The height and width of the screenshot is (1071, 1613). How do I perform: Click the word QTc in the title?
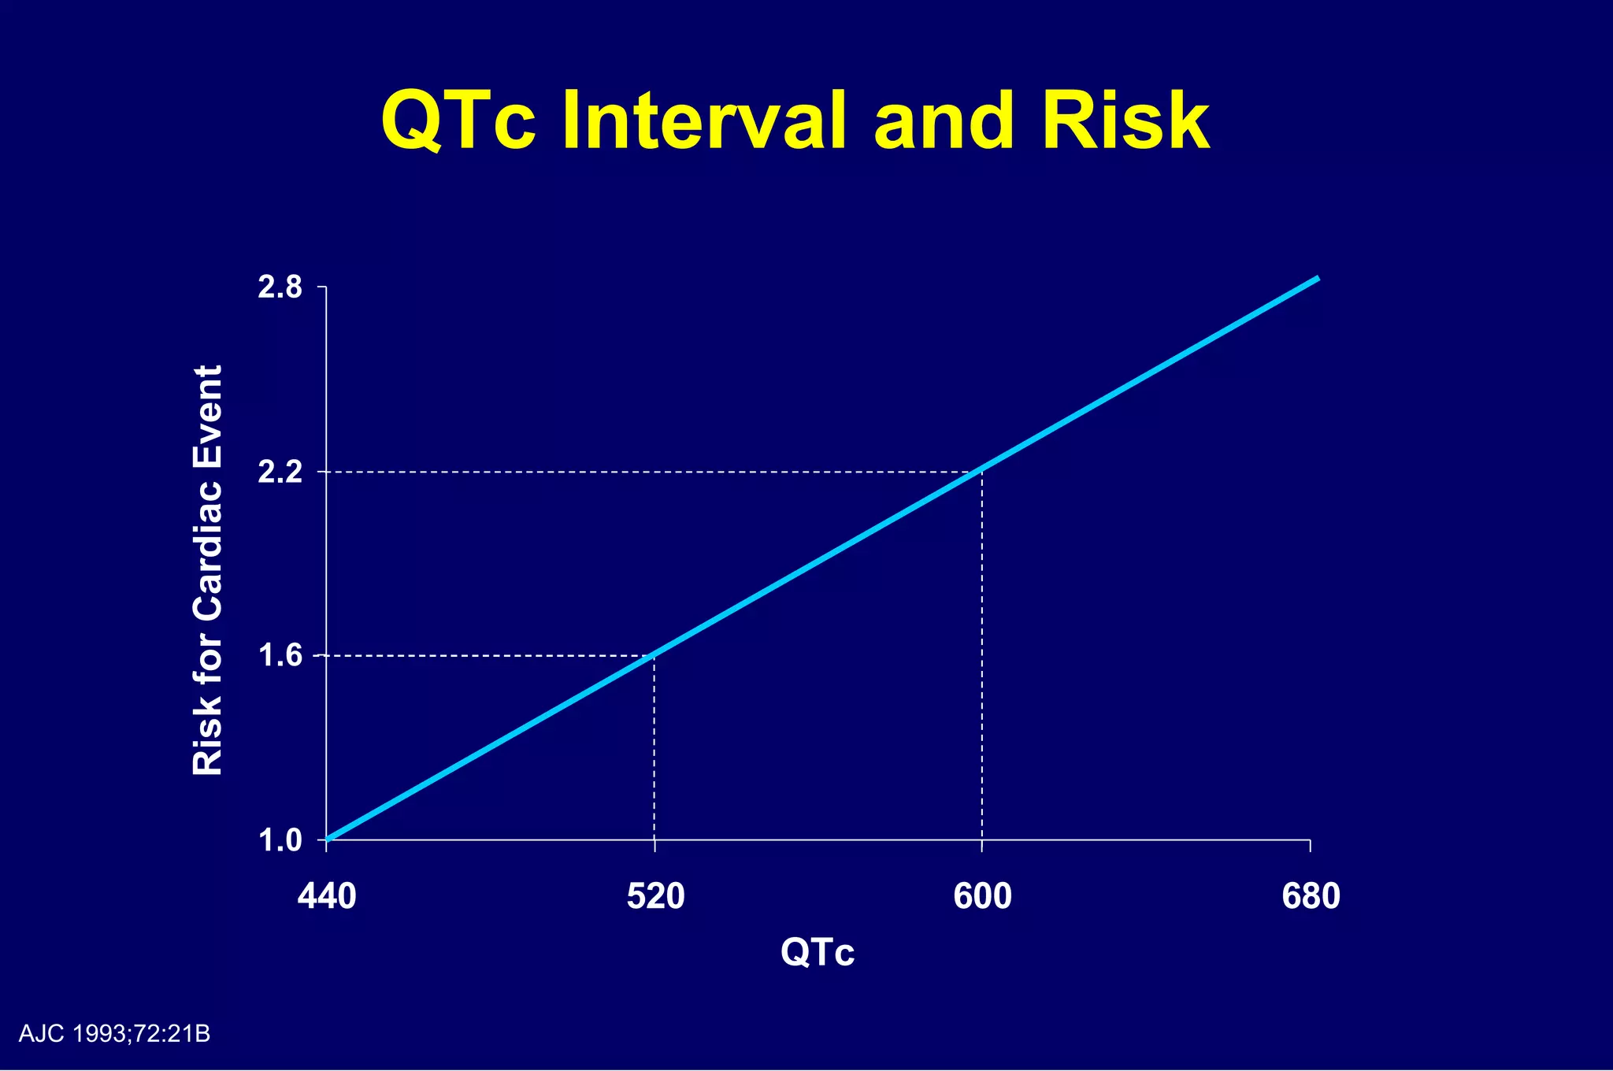pyautogui.click(x=458, y=122)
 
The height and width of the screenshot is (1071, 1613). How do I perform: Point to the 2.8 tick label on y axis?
pyautogui.click(x=280, y=288)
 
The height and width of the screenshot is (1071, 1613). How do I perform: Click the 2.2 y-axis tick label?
pyautogui.click(x=280, y=472)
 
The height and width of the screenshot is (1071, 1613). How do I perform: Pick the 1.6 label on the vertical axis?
pyautogui.click(x=280, y=656)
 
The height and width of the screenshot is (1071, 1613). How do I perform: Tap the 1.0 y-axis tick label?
pyautogui.click(x=280, y=841)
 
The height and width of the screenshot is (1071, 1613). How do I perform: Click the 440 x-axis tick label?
pyautogui.click(x=327, y=897)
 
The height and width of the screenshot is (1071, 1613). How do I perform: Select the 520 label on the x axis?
pyautogui.click(x=655, y=897)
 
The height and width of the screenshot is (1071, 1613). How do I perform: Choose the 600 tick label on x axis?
pyautogui.click(x=982, y=897)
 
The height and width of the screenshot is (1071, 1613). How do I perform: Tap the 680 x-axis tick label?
pyautogui.click(x=1311, y=897)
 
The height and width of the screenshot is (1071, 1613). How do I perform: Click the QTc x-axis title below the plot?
pyautogui.click(x=818, y=952)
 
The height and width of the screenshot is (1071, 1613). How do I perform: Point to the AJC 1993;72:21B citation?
pyautogui.click(x=114, y=1034)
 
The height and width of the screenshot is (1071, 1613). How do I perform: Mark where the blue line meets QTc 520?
pyautogui.click(x=654, y=655)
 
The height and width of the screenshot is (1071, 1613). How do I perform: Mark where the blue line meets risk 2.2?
pyautogui.click(x=981, y=471)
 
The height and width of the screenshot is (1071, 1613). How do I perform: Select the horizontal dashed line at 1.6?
pyautogui.click(x=488, y=656)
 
